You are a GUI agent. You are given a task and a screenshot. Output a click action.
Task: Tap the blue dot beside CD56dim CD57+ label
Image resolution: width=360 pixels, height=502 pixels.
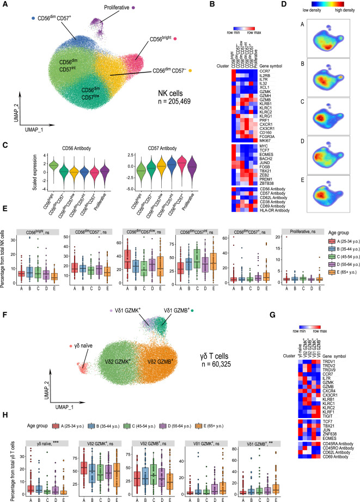tap(34, 18)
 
